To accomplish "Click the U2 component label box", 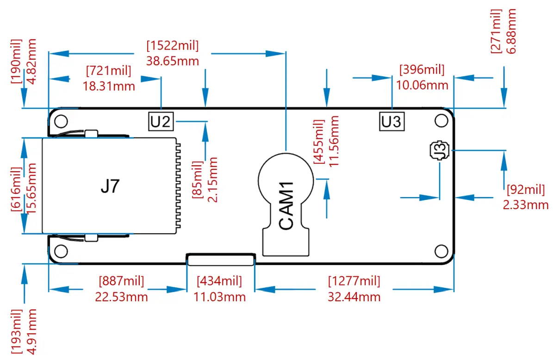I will [161, 121].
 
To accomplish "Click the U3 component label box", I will [391, 121].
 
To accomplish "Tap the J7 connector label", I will [110, 186].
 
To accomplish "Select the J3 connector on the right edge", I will [439, 150].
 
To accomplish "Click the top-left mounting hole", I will [61, 121].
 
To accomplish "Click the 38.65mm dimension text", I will [173, 61].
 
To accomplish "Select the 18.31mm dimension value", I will [109, 86].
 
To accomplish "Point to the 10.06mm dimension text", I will [422, 85].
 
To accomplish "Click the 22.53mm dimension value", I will [121, 297].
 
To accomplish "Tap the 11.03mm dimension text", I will [219, 297].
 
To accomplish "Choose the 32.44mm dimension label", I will [354, 297].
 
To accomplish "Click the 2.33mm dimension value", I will [526, 205].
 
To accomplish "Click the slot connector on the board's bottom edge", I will [221, 260].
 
